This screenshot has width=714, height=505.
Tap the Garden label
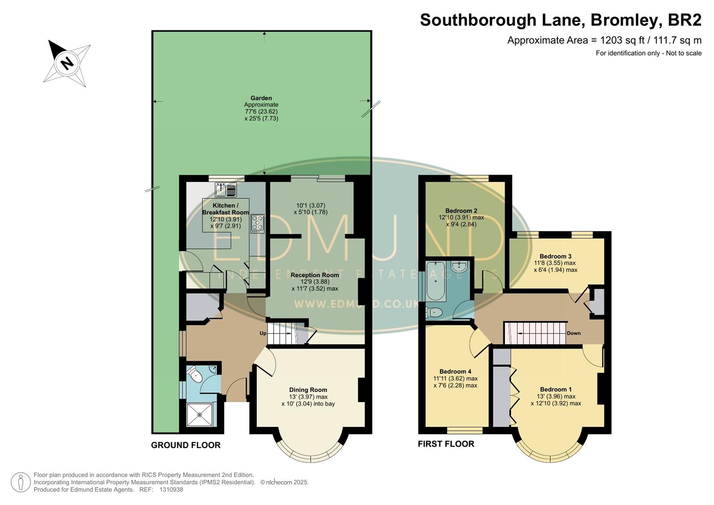(x=261, y=98)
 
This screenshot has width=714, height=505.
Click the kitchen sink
(x=226, y=190)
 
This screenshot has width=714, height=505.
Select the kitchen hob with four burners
(x=258, y=224)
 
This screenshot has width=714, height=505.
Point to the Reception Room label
(x=315, y=275)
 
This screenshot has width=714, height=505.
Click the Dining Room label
(x=308, y=390)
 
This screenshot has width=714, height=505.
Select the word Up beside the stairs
(x=263, y=333)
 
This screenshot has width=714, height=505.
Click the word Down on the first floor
(x=573, y=333)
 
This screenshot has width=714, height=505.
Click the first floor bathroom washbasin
(x=460, y=267)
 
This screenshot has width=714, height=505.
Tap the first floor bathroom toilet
(x=435, y=312)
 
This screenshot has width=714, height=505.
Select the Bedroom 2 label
(x=461, y=211)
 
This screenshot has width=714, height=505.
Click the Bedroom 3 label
(x=555, y=256)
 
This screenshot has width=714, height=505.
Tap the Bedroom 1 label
(x=555, y=390)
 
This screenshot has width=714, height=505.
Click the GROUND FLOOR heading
(x=186, y=445)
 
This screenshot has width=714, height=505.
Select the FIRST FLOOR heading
(x=446, y=444)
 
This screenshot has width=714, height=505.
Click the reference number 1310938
(x=171, y=490)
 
